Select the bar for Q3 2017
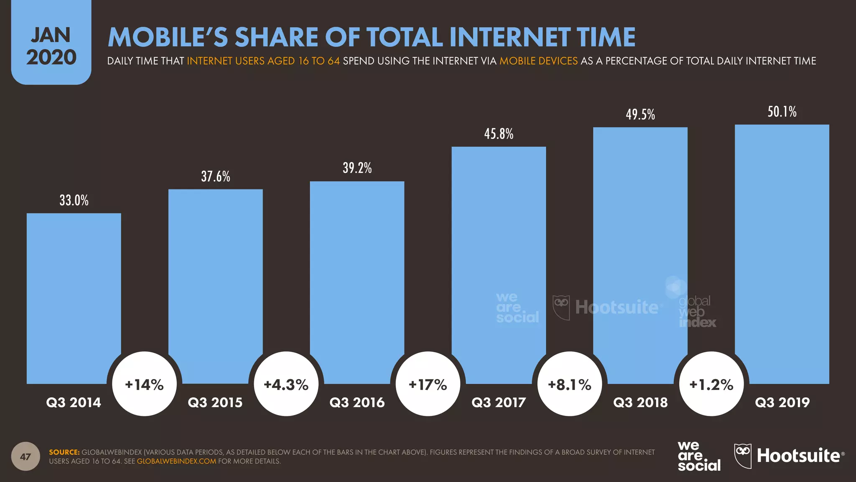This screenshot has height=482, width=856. pyautogui.click(x=499, y=251)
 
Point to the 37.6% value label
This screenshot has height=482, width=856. pyautogui.click(x=216, y=177)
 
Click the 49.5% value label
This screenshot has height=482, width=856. pyautogui.click(x=640, y=115)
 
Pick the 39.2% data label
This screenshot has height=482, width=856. pyautogui.click(x=357, y=168)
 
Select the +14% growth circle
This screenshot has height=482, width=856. pyautogui.click(x=145, y=384)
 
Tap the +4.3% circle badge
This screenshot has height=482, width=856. pyautogui.click(x=286, y=384)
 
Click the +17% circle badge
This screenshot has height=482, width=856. pyautogui.click(x=428, y=384)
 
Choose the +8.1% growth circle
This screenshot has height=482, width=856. pyautogui.click(x=570, y=384)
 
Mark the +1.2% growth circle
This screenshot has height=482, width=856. pyautogui.click(x=711, y=384)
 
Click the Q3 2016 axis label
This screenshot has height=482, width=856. pyautogui.click(x=357, y=403)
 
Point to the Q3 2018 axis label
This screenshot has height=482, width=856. pyautogui.click(x=640, y=403)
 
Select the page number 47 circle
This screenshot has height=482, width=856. pyautogui.click(x=25, y=456)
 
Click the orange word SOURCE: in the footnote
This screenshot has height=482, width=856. pyautogui.click(x=64, y=452)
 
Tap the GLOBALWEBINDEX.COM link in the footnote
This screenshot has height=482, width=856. pyautogui.click(x=176, y=461)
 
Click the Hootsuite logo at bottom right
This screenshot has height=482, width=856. pyautogui.click(x=789, y=456)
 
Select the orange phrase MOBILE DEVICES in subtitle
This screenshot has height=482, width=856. pyautogui.click(x=538, y=61)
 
